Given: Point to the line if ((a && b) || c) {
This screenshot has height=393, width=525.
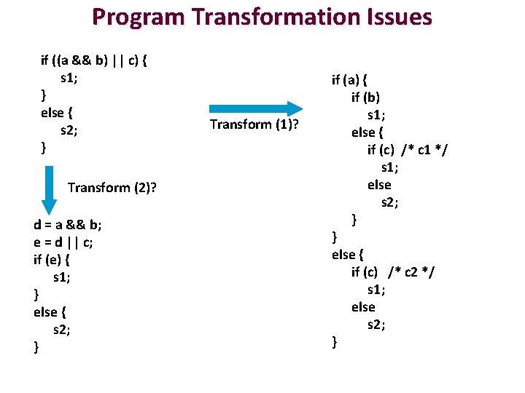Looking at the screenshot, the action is point(93,60).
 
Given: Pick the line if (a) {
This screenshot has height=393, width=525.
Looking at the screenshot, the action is point(349,79).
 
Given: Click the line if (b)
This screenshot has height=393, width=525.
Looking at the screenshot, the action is point(365,97).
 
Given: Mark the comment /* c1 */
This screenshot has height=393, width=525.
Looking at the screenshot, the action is point(425,150).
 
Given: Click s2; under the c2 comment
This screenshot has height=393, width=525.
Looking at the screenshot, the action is point(376,325).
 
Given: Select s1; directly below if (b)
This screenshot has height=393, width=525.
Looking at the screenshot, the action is point(376,115).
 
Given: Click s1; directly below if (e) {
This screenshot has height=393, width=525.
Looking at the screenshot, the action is point(63,277).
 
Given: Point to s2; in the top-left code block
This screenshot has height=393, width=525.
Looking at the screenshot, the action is point(69,130).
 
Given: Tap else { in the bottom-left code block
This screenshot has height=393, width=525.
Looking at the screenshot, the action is point(50,311).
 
